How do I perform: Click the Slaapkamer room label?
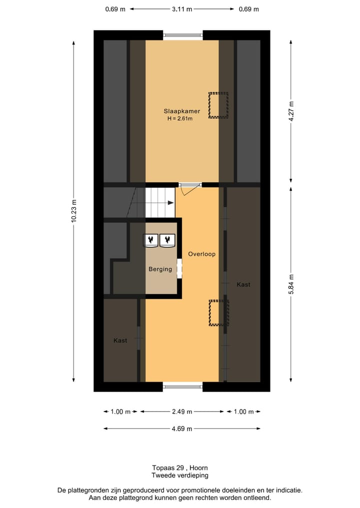(x=182, y=111)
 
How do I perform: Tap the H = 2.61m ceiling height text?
(x=180, y=119)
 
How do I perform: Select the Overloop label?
(x=201, y=254)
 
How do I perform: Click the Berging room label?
(x=160, y=269)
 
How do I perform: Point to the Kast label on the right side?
(x=243, y=284)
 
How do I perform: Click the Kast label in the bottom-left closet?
(x=120, y=340)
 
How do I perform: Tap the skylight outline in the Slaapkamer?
(x=218, y=105)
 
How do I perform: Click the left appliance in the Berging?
(x=151, y=240)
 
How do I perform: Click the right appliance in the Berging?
(x=166, y=240)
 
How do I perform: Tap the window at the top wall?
(x=182, y=35)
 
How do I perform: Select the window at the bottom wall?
(x=182, y=386)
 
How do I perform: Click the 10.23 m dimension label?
(x=74, y=210)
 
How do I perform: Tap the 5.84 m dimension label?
(x=291, y=284)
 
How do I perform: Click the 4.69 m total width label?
(x=182, y=429)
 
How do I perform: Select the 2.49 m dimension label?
(x=182, y=412)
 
